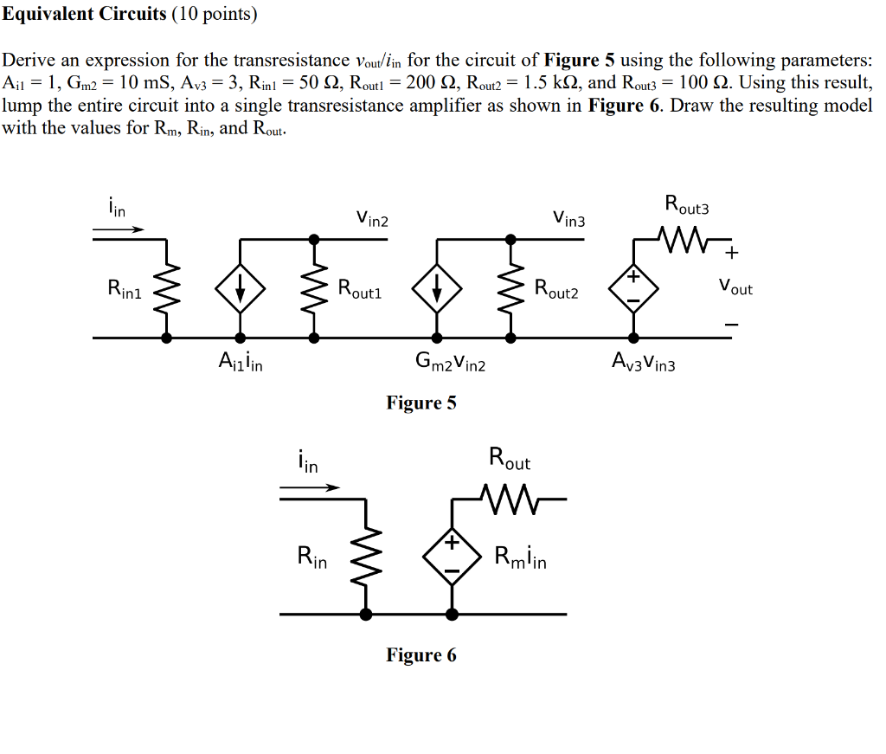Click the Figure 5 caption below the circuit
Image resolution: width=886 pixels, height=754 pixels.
pyautogui.click(x=421, y=403)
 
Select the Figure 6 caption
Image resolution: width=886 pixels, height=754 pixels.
pyautogui.click(x=421, y=655)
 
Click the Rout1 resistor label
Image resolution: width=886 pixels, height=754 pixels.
pyautogui.click(x=359, y=289)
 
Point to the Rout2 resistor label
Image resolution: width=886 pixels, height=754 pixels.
pyautogui.click(x=556, y=289)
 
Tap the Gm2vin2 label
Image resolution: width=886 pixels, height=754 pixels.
pyautogui.click(x=451, y=364)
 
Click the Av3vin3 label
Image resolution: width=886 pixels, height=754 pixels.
pyautogui.click(x=642, y=364)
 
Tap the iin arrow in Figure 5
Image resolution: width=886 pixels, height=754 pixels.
pyautogui.click(x=119, y=229)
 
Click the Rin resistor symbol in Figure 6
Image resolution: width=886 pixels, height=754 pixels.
pyautogui.click(x=367, y=557)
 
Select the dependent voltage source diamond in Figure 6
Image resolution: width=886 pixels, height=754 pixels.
pyautogui.click(x=452, y=557)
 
